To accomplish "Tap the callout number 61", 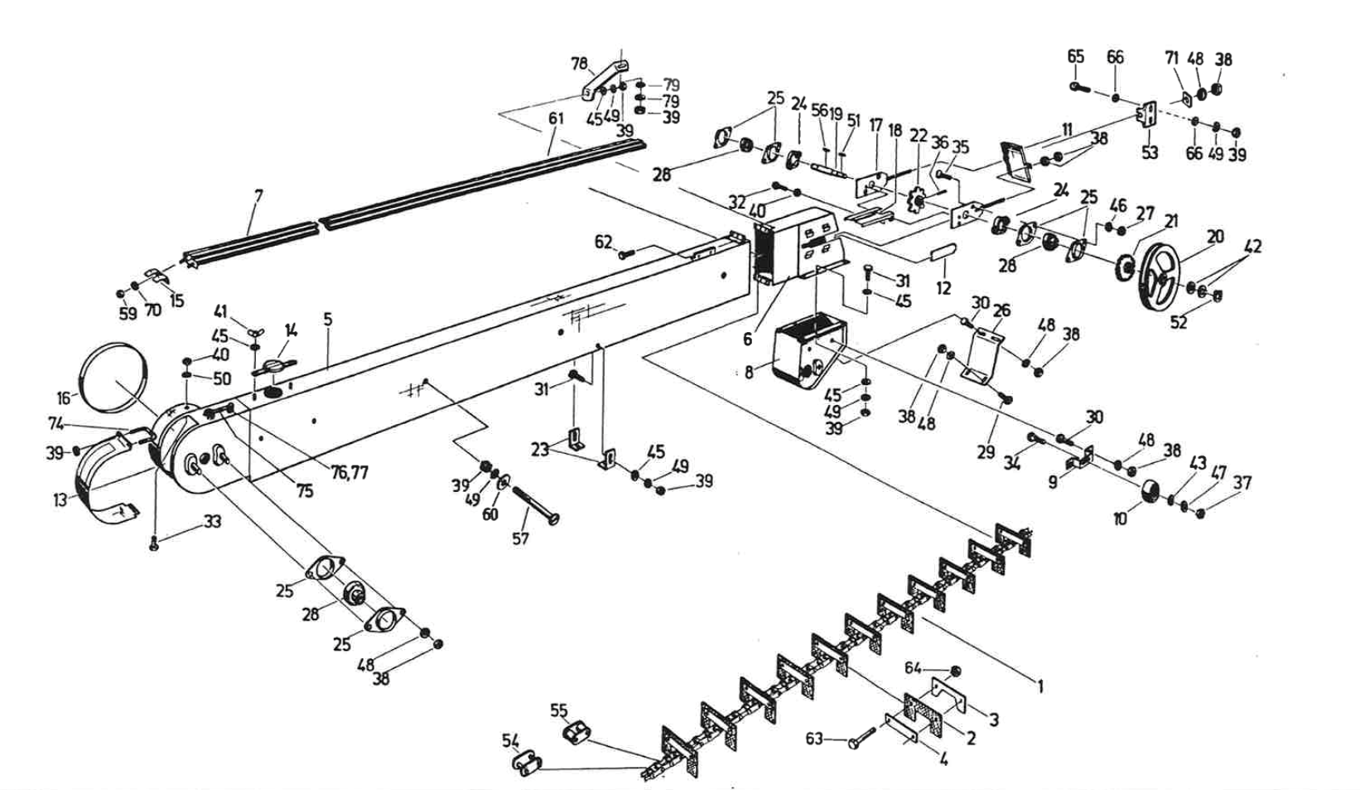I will (x=556, y=118).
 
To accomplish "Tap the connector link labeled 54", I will (x=526, y=764).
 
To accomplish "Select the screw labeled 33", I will (x=154, y=544).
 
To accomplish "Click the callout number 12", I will (x=943, y=289).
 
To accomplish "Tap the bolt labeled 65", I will (x=1075, y=85).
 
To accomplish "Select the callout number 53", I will (x=1150, y=152).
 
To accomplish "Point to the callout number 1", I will (x=1041, y=686).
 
